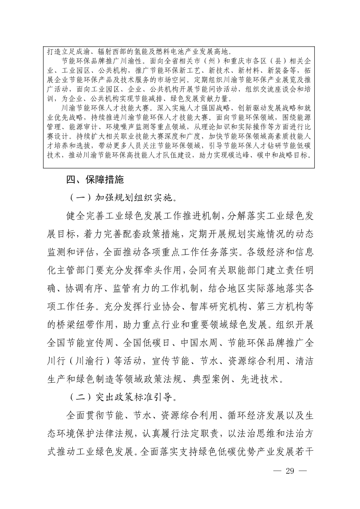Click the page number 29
coord(289,470)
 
